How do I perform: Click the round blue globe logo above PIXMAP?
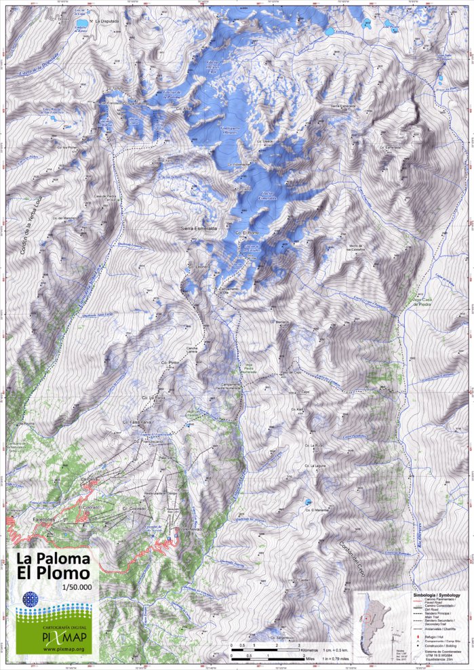pyautogui.click(x=31, y=600)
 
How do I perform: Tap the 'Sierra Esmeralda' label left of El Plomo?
pyautogui.click(x=199, y=229)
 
